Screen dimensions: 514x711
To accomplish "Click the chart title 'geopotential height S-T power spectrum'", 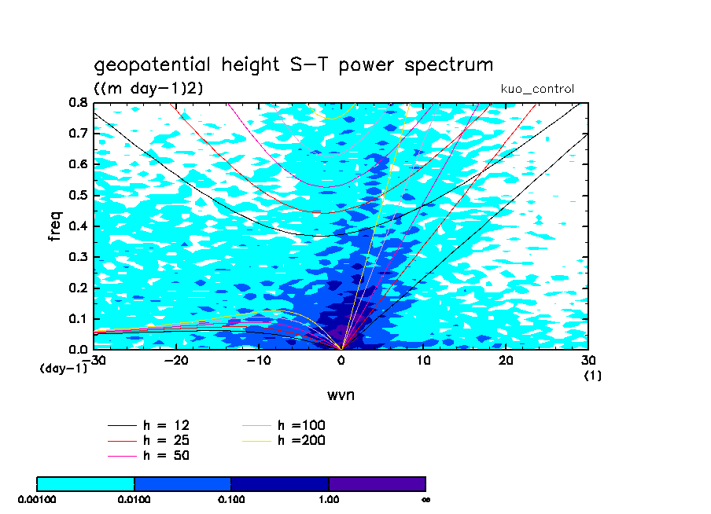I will tap(293, 65).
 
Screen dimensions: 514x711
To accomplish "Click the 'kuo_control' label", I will tap(537, 89).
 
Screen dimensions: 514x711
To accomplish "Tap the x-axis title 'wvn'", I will tap(341, 394).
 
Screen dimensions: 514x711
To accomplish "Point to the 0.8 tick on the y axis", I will tap(77, 103).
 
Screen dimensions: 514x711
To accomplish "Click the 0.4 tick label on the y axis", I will tap(77, 226).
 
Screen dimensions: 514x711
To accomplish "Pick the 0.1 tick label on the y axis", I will tap(77, 318).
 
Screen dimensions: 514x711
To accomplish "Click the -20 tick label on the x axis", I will tap(175, 360).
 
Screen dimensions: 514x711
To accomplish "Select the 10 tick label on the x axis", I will tap(423, 360).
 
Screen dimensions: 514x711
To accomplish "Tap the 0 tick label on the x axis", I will tap(341, 360).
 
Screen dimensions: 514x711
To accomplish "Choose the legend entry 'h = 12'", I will tap(165, 425).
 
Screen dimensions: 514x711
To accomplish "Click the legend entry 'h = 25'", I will tap(165, 440).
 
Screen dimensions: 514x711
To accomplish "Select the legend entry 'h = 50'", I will tap(165, 455).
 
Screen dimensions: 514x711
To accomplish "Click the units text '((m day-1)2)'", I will tap(149, 89).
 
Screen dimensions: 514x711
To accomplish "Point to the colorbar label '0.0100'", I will tap(134, 498).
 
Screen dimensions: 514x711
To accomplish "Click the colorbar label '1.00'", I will tap(329, 498).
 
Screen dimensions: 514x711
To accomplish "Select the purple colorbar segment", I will tap(377, 483).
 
